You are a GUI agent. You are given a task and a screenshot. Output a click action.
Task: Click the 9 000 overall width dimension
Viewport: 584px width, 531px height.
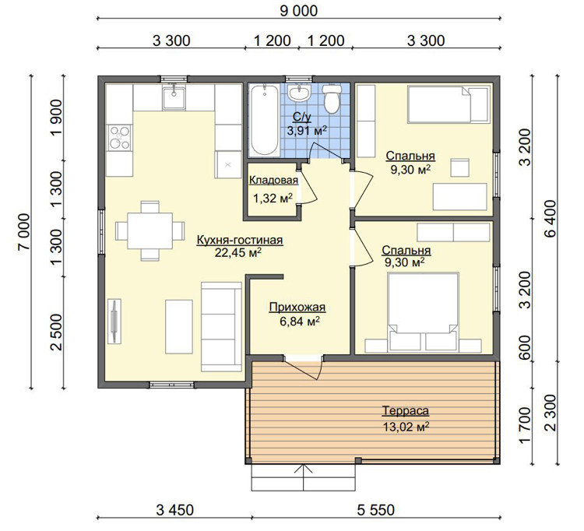coord(298,11)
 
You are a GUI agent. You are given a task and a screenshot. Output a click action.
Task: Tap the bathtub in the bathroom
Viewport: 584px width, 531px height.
coord(264,120)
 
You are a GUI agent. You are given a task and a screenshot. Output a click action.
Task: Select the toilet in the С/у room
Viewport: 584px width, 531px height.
coord(332,98)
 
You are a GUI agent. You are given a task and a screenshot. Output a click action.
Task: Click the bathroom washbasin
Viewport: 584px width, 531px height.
coord(299,93)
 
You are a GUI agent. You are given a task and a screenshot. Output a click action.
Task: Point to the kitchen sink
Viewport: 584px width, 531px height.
coord(174,97)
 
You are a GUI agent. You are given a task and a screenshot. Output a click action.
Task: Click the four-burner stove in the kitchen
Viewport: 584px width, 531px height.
coord(119,137)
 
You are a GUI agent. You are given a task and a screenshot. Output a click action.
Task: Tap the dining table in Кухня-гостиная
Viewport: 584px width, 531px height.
coord(150,231)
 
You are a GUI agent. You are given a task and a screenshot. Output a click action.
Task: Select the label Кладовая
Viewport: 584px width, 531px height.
coord(273,180)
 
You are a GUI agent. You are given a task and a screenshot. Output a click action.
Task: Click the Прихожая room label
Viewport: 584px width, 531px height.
coord(297,308)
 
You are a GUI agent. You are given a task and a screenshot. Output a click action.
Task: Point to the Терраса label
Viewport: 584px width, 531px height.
coord(406,411)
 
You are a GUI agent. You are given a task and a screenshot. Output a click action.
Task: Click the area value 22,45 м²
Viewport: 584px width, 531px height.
coord(237,253)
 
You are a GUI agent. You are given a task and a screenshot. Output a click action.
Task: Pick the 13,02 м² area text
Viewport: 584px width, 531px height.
coord(406,427)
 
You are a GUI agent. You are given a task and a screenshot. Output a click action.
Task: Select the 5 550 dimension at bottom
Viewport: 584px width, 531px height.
coord(376,510)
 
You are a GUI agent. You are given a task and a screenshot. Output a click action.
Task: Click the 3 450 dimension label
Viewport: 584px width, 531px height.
coord(174,510)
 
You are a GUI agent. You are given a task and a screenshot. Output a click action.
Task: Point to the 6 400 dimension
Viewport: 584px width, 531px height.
coord(550,218)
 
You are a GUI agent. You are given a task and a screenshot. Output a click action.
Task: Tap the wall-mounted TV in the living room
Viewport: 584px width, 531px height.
coord(114,321)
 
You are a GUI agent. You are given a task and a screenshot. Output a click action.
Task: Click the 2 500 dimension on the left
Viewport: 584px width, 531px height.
coord(57,332)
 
